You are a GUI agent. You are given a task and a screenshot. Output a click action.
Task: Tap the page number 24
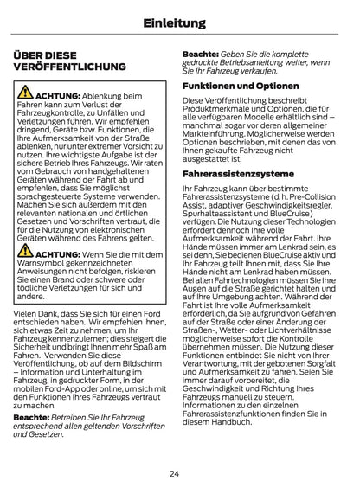[x=180, y=473]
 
